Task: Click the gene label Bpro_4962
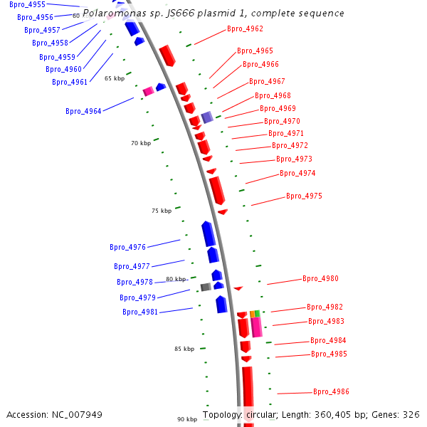tap(245, 29)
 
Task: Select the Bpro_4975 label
tap(304, 196)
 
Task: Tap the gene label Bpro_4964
tap(83, 111)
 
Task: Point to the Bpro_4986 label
tap(331, 391)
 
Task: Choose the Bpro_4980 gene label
tap(320, 279)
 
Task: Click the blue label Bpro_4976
tap(127, 248)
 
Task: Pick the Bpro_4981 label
tap(140, 312)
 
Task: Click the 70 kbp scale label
tap(140, 143)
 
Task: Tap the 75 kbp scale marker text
tap(162, 211)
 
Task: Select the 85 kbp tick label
tap(184, 349)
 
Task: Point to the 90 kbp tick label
tap(187, 419)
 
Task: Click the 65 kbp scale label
tap(114, 78)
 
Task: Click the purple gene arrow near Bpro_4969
tap(207, 117)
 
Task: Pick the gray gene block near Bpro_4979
tap(206, 287)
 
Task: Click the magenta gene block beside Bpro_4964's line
tap(149, 91)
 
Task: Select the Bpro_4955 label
tap(27, 4)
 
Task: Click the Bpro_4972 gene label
tap(290, 146)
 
